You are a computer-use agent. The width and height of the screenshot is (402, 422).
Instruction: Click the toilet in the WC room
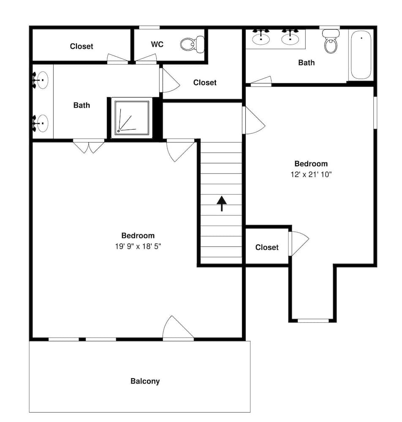[x=192, y=44]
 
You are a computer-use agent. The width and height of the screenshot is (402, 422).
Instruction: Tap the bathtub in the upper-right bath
[x=361, y=55]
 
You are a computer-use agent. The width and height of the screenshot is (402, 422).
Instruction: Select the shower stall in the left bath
[x=132, y=118]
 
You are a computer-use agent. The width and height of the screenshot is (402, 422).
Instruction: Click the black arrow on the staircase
[x=222, y=203]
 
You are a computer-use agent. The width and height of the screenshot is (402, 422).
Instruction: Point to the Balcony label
[x=145, y=381]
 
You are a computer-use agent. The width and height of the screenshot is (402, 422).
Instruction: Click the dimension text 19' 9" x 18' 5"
[x=138, y=246]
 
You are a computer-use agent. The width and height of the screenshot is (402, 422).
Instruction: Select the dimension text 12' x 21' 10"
[x=311, y=174]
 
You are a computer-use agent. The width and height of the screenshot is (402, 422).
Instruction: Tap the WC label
[x=157, y=44]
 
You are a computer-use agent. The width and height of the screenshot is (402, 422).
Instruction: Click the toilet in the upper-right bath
[x=331, y=41]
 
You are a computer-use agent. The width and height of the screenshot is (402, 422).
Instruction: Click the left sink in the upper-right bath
[x=261, y=37]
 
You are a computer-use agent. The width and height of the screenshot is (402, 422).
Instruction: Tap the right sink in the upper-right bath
[x=290, y=37]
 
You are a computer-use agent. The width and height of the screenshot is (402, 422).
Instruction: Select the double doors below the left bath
[x=89, y=146]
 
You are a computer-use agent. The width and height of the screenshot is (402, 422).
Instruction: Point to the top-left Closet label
[x=81, y=46]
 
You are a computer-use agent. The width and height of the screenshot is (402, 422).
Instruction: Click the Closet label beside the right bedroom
[x=267, y=247]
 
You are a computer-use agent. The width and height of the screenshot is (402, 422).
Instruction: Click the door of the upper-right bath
[x=261, y=81]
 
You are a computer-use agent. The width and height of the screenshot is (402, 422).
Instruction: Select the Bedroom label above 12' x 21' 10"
[x=311, y=164]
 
